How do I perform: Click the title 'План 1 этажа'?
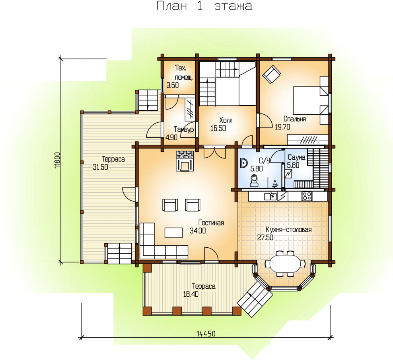204,6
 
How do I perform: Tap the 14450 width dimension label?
206,334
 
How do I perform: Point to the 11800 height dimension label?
57,160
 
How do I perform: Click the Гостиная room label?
211,223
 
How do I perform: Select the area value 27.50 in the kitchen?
265,237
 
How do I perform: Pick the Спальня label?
294,119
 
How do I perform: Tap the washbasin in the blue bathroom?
243,163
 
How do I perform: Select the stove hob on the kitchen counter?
307,196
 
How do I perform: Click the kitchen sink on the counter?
270,196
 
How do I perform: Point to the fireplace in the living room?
185,161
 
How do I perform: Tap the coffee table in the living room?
173,233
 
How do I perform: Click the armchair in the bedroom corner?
271,74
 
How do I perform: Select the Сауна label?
296,157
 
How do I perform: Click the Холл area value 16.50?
218,128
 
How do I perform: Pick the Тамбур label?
184,129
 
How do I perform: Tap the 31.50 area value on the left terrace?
100,167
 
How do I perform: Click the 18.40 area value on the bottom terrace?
191,294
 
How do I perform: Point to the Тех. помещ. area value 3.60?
173,85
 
